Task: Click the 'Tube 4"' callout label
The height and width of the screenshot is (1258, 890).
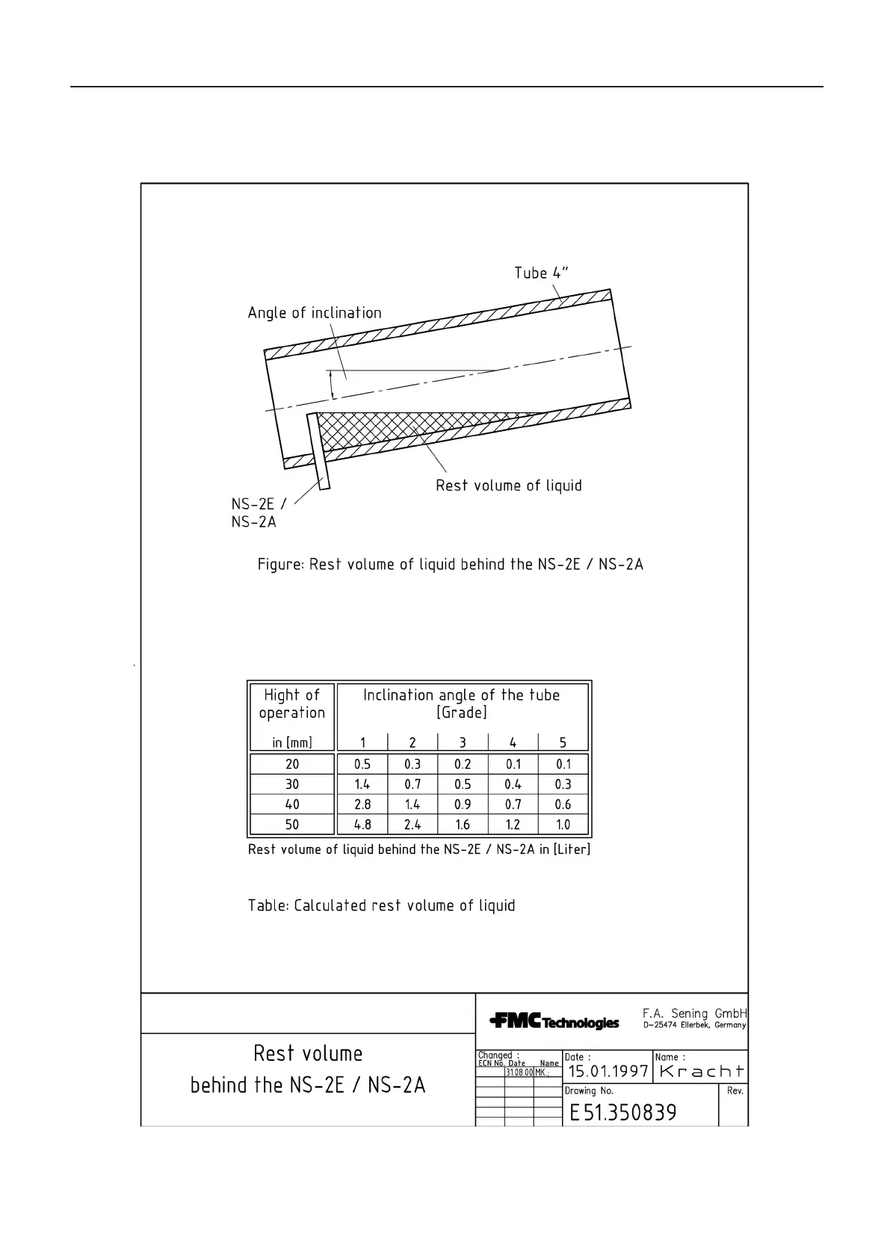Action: pos(541,273)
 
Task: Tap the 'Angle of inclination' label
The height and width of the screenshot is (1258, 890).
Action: pos(315,313)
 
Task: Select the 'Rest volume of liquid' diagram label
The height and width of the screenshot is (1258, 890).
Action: pos(509,486)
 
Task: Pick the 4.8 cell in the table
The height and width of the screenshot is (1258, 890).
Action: pos(362,825)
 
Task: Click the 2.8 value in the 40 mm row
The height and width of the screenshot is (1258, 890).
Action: pos(362,805)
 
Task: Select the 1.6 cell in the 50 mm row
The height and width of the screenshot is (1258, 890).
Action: pos(463,825)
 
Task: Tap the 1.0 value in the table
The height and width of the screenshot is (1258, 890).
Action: pos(563,825)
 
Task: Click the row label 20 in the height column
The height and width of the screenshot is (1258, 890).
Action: pos(292,764)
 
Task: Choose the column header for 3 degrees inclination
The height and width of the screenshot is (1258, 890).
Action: pos(463,743)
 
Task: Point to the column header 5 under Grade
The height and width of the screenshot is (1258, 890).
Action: pos(563,743)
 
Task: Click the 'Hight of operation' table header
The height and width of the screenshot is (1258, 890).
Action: pos(292,704)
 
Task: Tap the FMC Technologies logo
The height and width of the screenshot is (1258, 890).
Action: pos(554,1020)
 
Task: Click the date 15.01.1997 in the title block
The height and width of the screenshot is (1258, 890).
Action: pos(608,1072)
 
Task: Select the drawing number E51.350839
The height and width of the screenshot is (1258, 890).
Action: pos(623,1113)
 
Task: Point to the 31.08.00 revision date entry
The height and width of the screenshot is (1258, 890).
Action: pos(519,1072)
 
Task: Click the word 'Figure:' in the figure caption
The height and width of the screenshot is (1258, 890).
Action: pos(280,564)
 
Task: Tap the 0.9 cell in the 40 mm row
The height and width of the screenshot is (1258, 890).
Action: pos(463,805)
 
